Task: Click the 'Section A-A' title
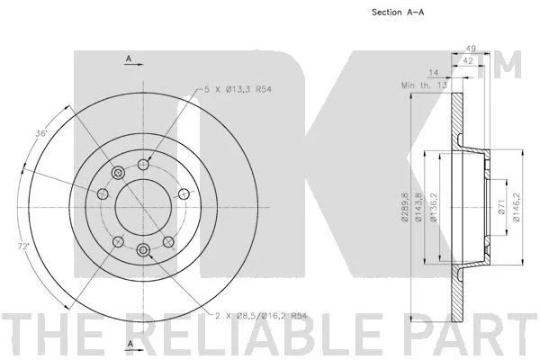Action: pyautogui.click(x=398, y=13)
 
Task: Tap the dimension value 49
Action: pyautogui.click(x=471, y=49)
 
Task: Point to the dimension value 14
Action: pyautogui.click(x=433, y=73)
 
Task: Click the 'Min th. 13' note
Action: pyautogui.click(x=424, y=85)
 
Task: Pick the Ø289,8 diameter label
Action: pyautogui.click(x=404, y=207)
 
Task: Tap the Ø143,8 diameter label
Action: pyautogui.click(x=418, y=207)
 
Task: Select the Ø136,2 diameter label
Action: pyautogui.click(x=434, y=207)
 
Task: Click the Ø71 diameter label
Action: pyautogui.click(x=501, y=207)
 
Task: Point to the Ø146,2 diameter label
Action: pyautogui.click(x=516, y=207)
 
